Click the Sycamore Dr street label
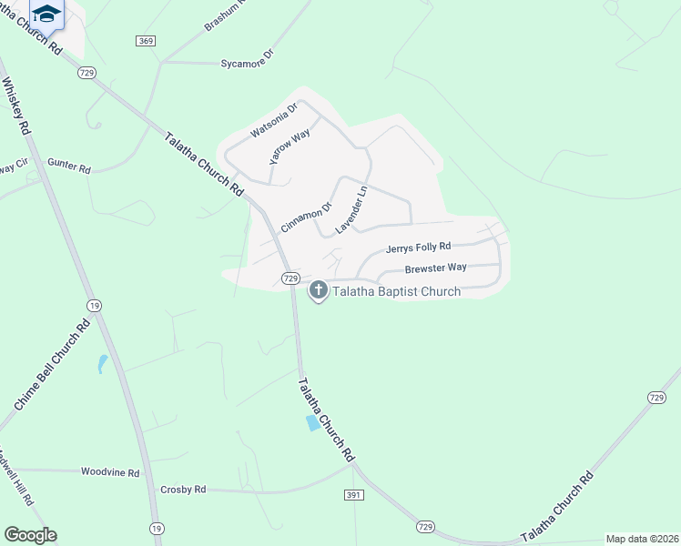[247, 64]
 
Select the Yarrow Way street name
[290, 146]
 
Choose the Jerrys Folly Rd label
[419, 247]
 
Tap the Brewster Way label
[436, 268]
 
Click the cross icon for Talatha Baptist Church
[318, 291]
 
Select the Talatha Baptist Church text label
[396, 292]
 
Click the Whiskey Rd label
[17, 106]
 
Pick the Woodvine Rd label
[109, 472]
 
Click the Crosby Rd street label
[183, 490]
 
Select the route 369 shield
[146, 41]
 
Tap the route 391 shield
[355, 494]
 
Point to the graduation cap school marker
[46, 13]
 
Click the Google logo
[30, 535]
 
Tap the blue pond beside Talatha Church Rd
[314, 423]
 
